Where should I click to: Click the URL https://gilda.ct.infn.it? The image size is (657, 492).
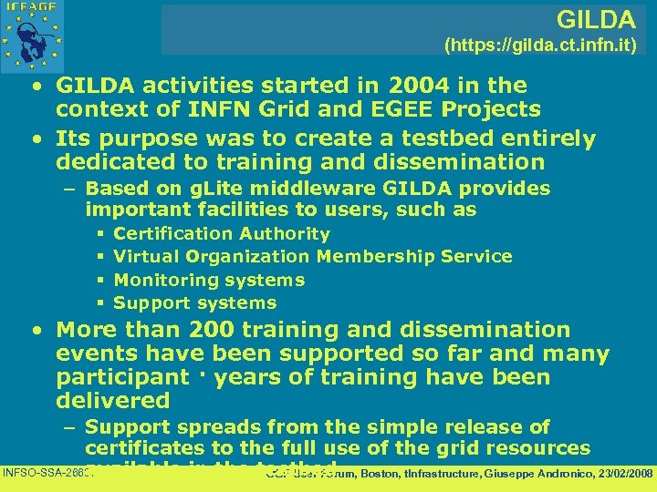(540, 43)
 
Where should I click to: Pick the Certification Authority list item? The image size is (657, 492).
(221, 234)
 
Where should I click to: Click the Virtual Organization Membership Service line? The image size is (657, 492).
(312, 257)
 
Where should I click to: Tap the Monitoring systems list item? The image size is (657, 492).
(209, 280)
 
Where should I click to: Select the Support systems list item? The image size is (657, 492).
(194, 302)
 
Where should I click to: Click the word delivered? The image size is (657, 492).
(113, 401)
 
